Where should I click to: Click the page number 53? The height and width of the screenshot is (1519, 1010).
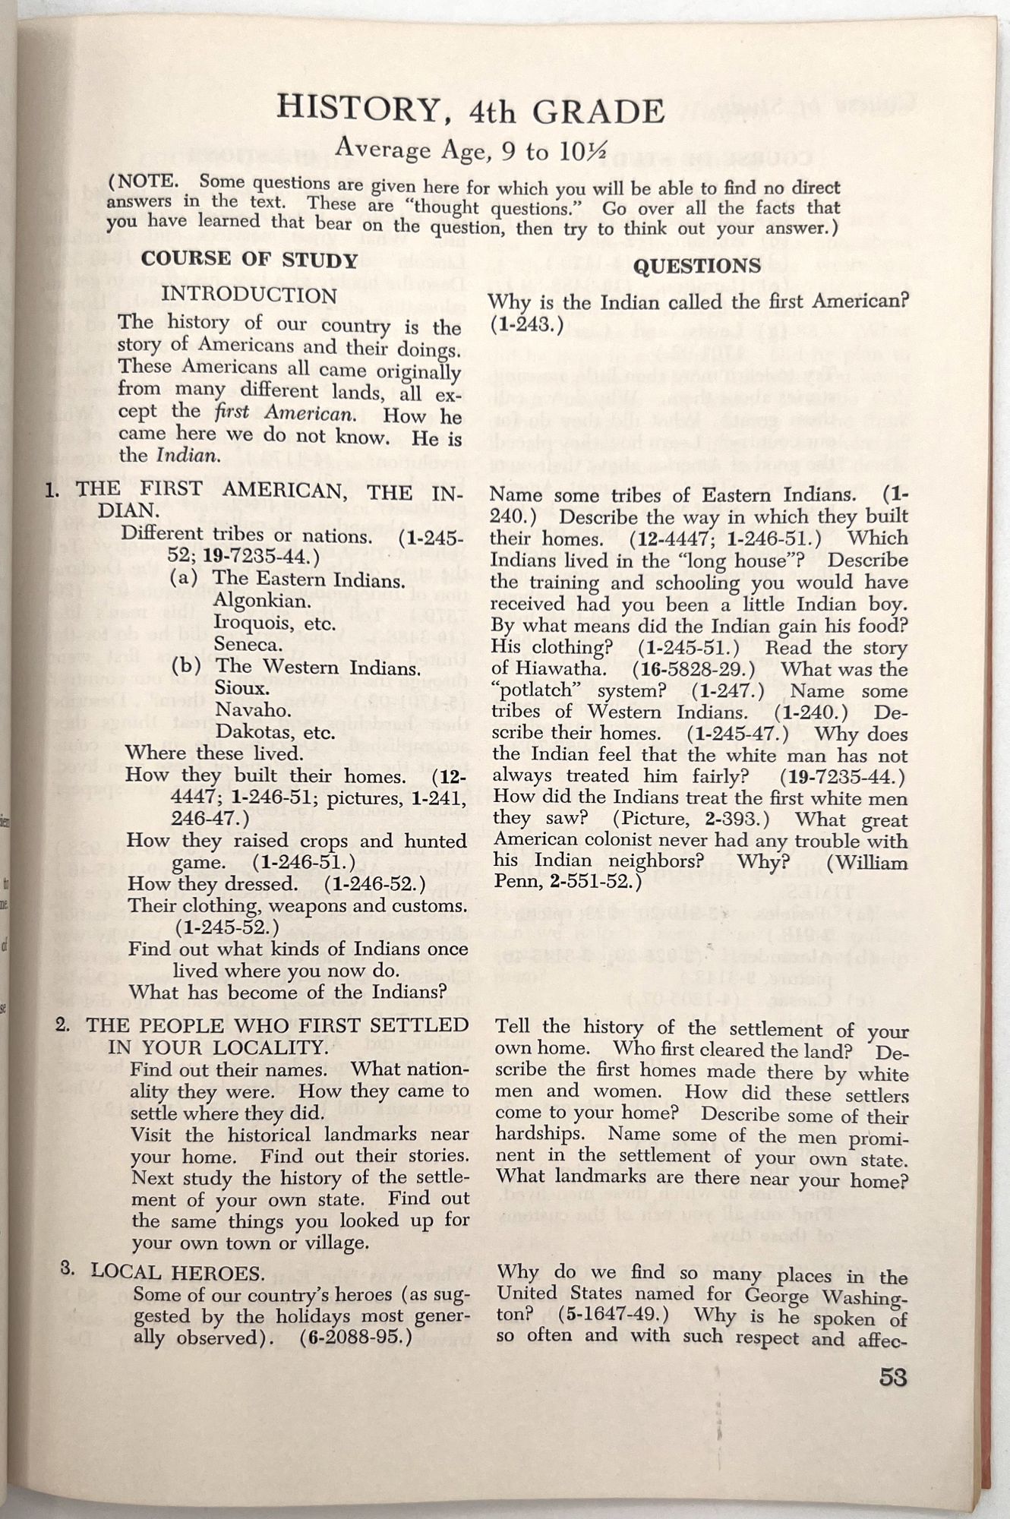point(893,1376)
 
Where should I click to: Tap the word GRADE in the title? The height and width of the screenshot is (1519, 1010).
point(598,112)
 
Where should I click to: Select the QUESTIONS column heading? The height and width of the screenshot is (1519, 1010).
point(697,266)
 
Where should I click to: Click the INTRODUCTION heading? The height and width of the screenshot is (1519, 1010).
point(249,295)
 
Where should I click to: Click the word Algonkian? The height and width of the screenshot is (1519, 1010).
point(251,601)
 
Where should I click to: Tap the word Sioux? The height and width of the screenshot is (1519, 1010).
point(242,688)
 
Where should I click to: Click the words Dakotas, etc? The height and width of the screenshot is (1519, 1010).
point(276,732)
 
